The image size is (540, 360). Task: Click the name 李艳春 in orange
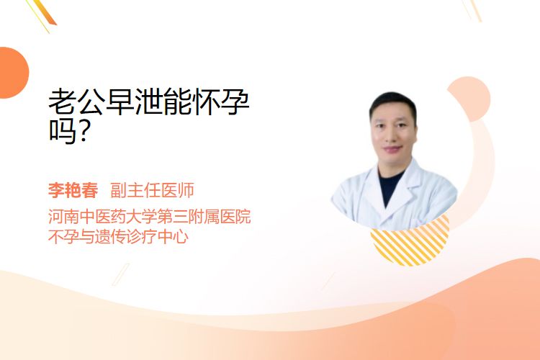[x=73, y=190]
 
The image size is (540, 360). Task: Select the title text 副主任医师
[x=152, y=190]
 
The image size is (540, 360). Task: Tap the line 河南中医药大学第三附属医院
[x=150, y=216]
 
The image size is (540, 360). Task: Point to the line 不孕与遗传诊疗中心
[x=118, y=237]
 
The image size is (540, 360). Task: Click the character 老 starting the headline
[x=63, y=102]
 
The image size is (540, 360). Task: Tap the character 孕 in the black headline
[x=235, y=102]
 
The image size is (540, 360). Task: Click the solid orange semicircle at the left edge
[x=14, y=73]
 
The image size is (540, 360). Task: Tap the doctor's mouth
[x=393, y=149]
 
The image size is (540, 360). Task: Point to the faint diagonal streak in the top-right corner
[x=472, y=10]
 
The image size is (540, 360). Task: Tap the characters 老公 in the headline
[x=76, y=102]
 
